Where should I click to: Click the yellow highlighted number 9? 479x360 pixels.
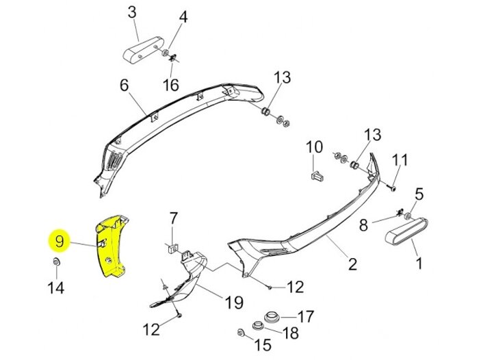(x=60, y=241)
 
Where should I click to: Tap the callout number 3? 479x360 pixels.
(x=132, y=12)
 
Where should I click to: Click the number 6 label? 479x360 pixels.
(x=125, y=86)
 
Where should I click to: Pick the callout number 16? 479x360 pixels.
(x=170, y=86)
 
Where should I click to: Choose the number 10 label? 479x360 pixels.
(x=313, y=147)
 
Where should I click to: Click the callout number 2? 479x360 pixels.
(x=351, y=263)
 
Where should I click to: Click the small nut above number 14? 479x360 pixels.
(x=55, y=263)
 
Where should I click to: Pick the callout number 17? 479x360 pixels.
(x=305, y=317)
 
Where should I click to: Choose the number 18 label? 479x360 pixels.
(x=291, y=333)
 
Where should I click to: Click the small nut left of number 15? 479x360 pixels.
(x=241, y=333)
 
